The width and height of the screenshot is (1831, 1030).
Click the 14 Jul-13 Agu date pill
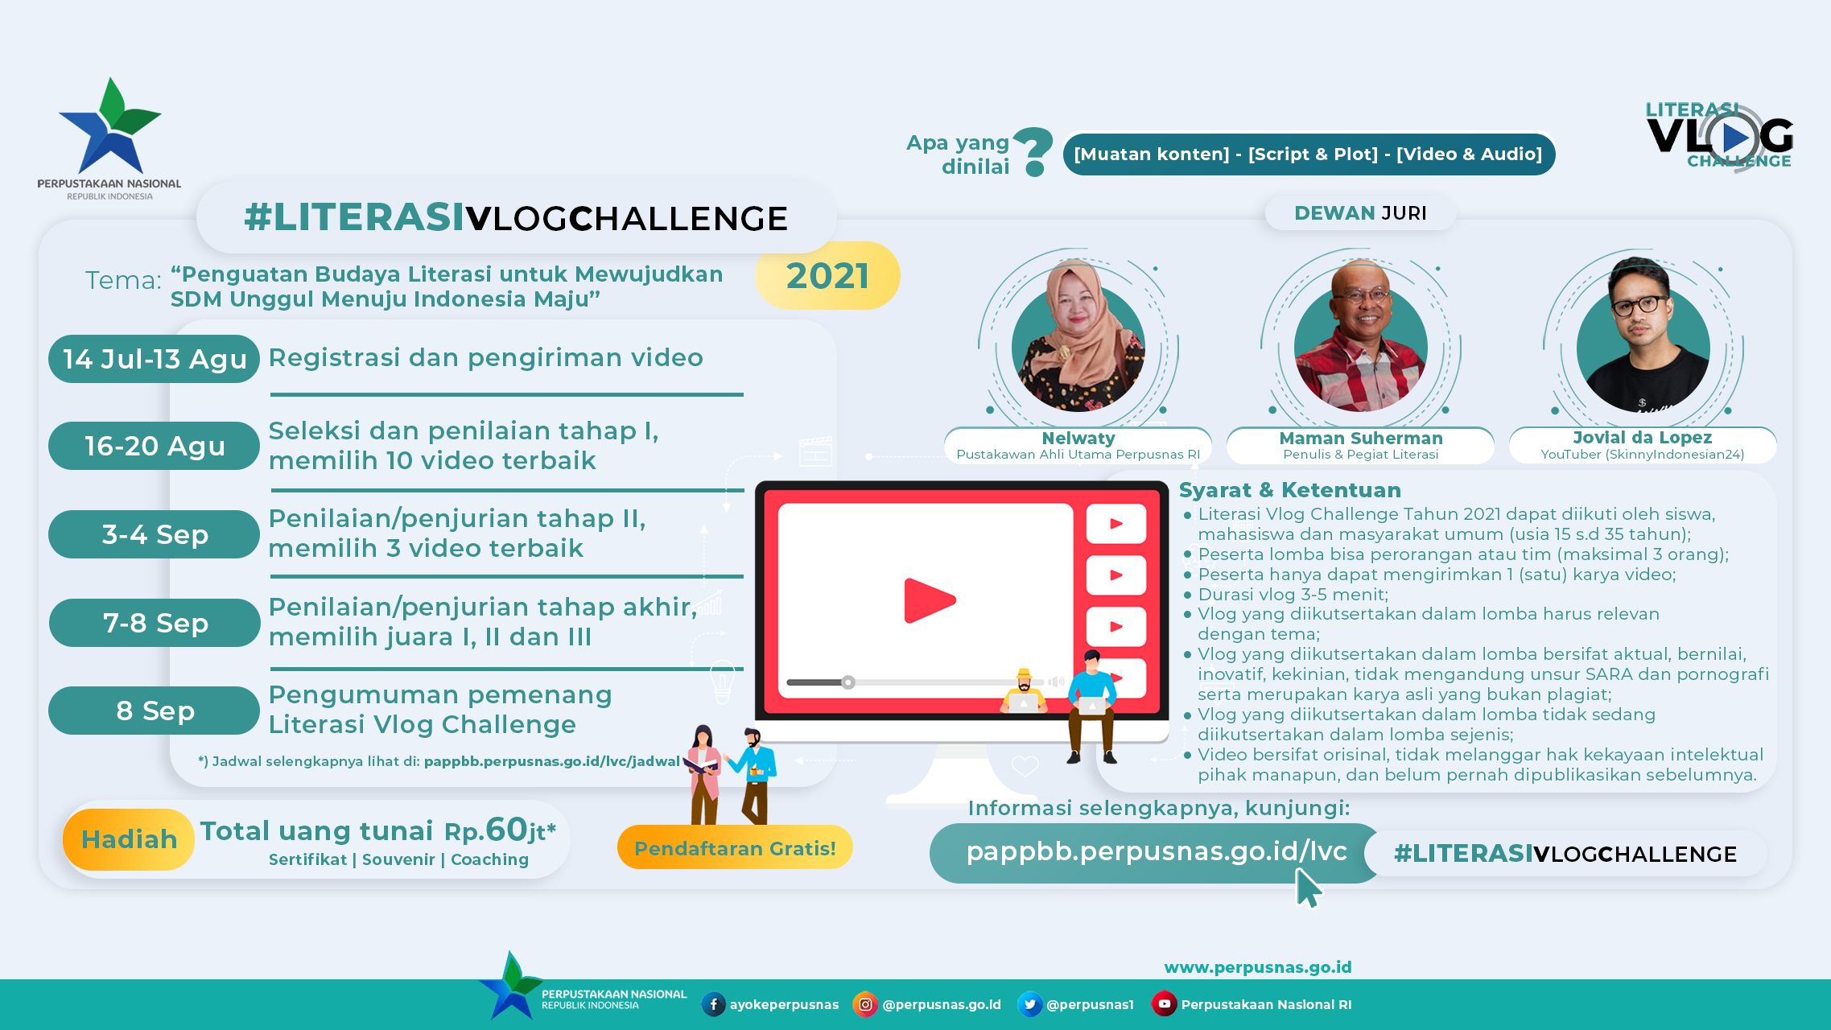coord(154,359)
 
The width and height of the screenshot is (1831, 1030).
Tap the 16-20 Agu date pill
coord(154,446)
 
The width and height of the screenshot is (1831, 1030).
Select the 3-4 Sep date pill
coord(154,534)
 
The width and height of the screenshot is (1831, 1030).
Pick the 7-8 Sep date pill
coord(155,623)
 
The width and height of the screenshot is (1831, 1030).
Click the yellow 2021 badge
coord(827,276)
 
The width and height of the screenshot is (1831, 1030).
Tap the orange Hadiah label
coord(129,839)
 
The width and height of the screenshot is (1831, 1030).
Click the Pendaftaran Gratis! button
coord(735,848)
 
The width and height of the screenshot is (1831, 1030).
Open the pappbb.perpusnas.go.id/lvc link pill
coord(1156,853)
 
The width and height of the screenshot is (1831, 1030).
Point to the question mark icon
coord(1033,152)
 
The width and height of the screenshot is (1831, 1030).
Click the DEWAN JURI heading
coord(1360,213)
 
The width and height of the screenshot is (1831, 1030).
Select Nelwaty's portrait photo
coord(1078,338)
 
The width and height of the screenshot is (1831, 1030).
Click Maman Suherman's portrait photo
coord(1361,338)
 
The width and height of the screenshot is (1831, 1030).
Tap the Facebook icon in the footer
coord(713,1004)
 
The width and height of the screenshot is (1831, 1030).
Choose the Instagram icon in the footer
coord(865,1004)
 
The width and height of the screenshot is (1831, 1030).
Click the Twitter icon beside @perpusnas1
coord(1029,1004)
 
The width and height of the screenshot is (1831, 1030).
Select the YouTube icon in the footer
coord(1164,1003)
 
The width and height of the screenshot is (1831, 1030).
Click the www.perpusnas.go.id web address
coord(1258,967)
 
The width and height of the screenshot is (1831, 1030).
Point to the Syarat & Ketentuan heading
coord(1290,490)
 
